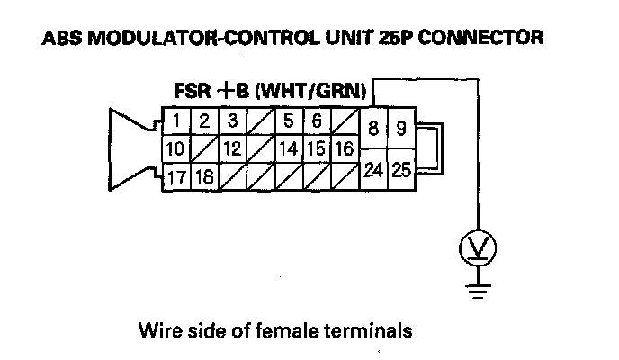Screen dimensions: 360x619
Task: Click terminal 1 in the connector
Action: point(178,121)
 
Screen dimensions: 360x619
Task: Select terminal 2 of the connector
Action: point(204,121)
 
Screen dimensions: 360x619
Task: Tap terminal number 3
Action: point(232,121)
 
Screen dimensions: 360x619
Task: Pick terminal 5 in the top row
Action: point(288,121)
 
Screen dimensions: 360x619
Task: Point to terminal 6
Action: point(316,121)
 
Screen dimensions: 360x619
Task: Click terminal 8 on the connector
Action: point(372,128)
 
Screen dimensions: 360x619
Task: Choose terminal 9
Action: point(400,128)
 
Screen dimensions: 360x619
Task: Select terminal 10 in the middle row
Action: point(177,148)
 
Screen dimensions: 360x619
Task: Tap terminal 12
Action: point(232,148)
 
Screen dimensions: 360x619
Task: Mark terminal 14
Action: point(288,148)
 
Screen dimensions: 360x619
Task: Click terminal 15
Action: point(316,148)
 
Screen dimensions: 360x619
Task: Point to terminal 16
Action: point(343,148)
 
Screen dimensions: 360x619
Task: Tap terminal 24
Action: point(372,168)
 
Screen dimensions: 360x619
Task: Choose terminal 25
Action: point(400,168)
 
